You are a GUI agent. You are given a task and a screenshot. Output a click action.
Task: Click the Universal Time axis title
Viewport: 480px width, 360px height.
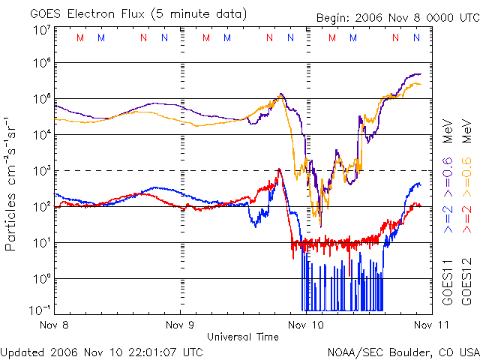click(x=242, y=337)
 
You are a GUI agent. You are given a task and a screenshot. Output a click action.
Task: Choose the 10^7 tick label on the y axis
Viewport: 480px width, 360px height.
click(x=41, y=31)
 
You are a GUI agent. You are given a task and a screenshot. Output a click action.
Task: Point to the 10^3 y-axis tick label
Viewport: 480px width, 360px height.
click(x=41, y=171)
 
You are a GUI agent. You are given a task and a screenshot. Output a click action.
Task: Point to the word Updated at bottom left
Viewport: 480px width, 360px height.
click(x=22, y=352)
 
